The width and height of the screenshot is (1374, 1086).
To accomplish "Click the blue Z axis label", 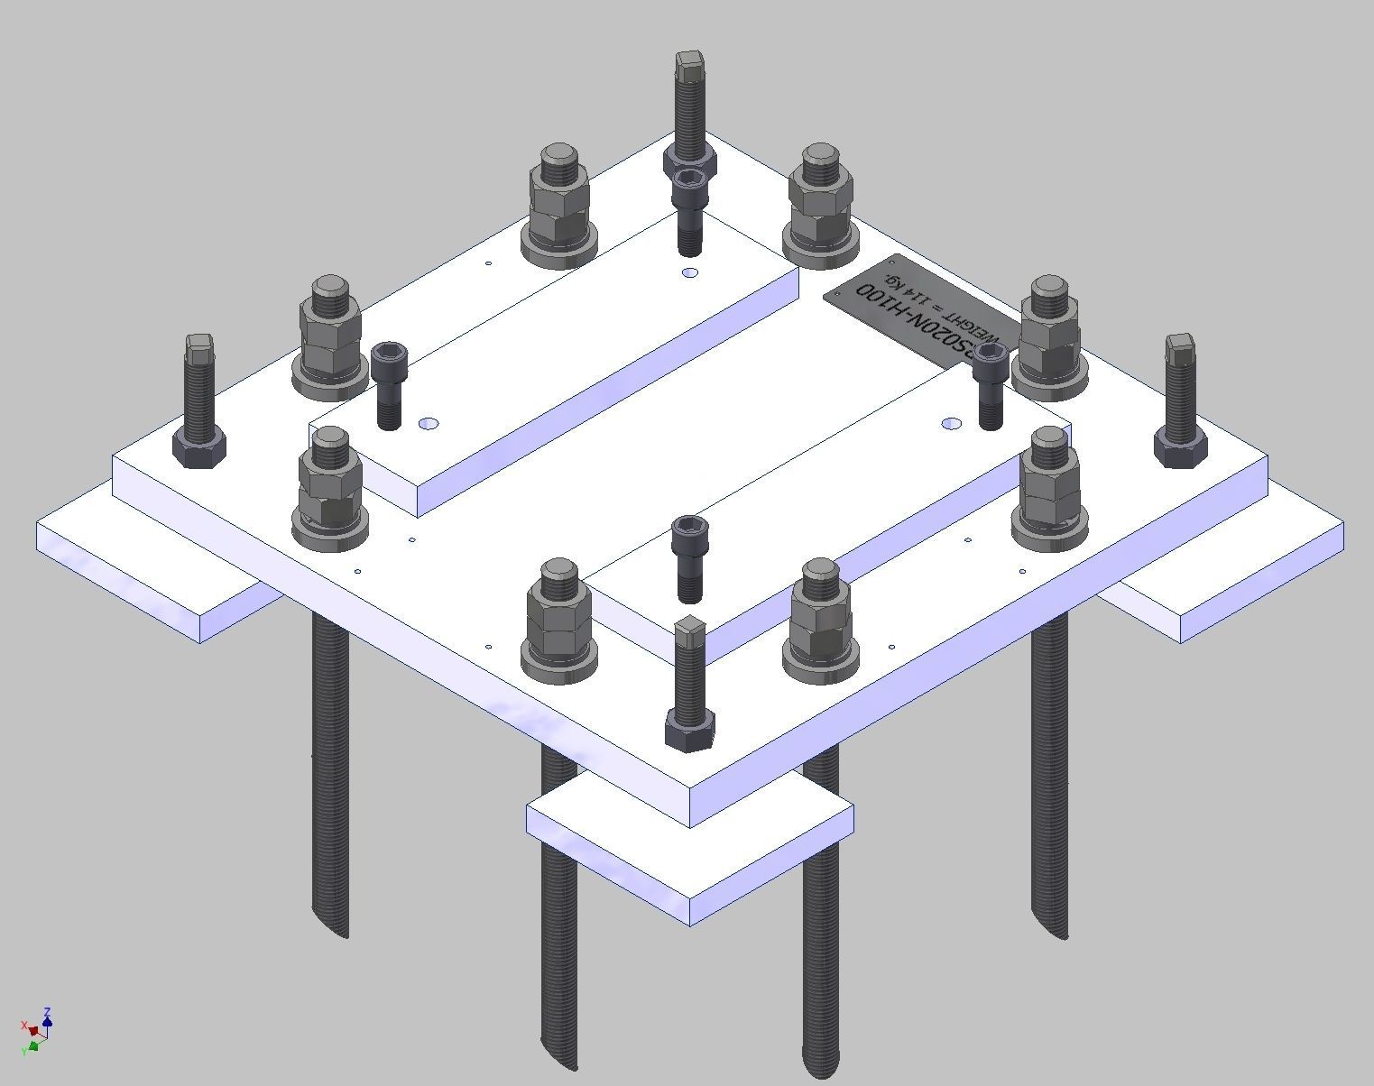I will pyautogui.click(x=47, y=1012).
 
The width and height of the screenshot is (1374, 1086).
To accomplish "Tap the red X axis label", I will pyautogui.click(x=23, y=1026).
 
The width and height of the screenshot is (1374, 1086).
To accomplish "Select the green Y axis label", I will pyautogui.click(x=23, y=1052).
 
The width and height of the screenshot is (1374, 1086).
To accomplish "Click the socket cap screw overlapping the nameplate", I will pyautogui.click(x=990, y=383).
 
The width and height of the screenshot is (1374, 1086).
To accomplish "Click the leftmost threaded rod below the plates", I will pyautogui.click(x=330, y=767).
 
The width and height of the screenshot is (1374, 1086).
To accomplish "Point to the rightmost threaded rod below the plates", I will pyautogui.click(x=1049, y=767).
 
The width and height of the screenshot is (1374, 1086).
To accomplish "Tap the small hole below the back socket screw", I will pyautogui.click(x=690, y=272).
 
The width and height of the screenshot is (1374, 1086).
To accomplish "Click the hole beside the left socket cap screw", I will pyautogui.click(x=429, y=423).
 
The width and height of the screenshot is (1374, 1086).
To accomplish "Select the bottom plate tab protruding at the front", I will pyautogui.click(x=690, y=857).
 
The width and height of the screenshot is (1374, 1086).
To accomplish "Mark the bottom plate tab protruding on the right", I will pyautogui.click(x=1236, y=568).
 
